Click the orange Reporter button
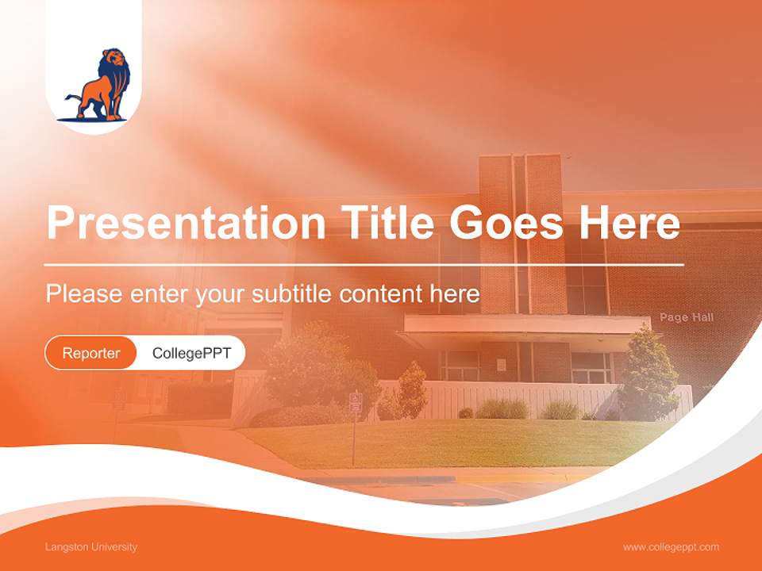[x=91, y=353]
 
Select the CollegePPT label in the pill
[x=191, y=353]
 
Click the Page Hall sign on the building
[x=687, y=317]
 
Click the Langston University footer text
[x=91, y=547]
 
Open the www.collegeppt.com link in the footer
[x=671, y=547]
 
